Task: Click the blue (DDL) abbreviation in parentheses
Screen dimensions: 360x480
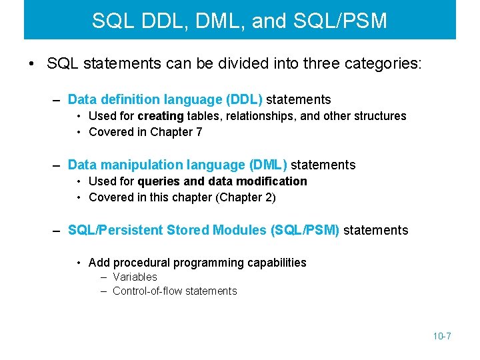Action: click(245, 99)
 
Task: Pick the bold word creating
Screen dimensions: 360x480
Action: click(161, 116)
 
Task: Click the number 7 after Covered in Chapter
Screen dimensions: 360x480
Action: click(199, 131)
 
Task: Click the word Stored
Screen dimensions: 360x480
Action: click(188, 230)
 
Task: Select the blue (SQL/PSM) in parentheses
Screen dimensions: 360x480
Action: click(305, 230)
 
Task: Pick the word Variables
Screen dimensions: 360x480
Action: click(135, 277)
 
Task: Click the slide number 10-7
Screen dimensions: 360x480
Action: click(442, 336)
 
